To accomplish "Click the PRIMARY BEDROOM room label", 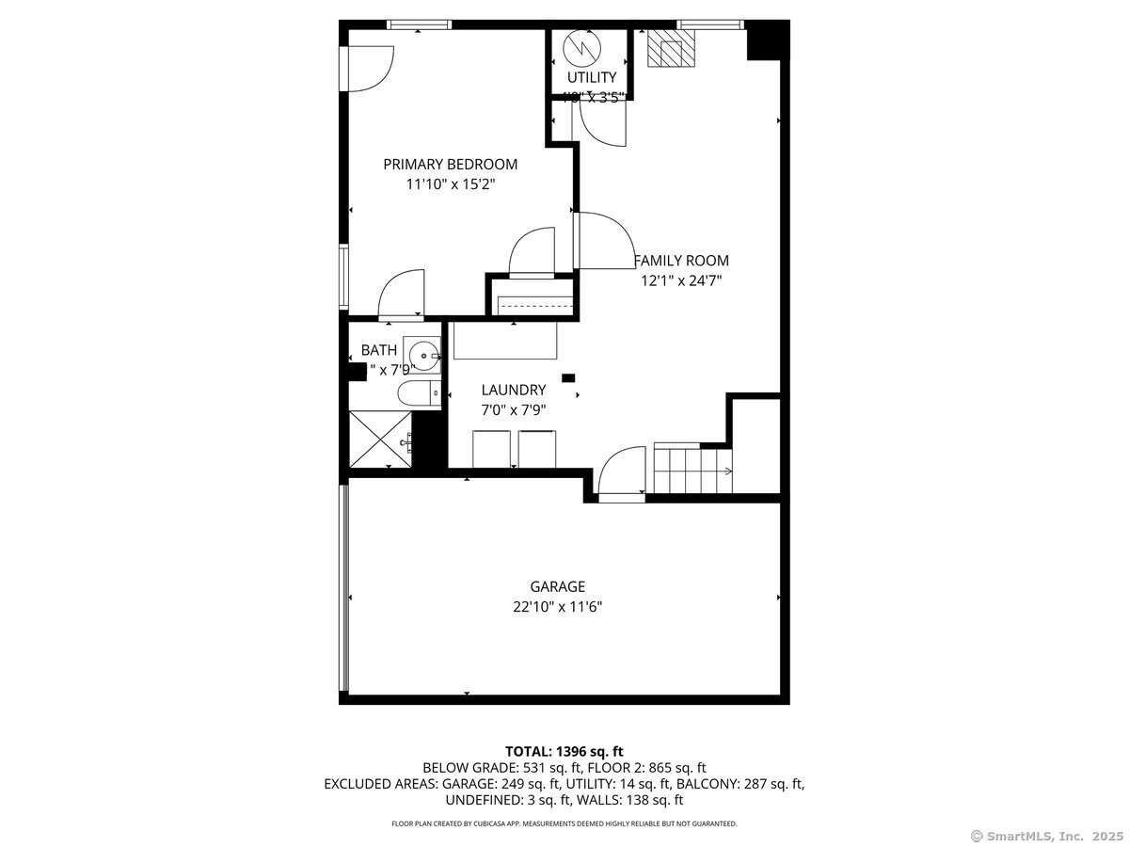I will coord(450,164).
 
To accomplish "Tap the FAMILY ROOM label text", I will coord(681,261).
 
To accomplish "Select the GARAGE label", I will coord(557,586).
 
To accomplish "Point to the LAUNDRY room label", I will coord(513,390).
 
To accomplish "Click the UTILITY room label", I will coord(591,77).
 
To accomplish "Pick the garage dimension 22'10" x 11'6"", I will coord(557,608).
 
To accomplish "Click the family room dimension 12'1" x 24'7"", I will coord(681,280).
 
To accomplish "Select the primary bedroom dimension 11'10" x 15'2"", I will coord(450,184).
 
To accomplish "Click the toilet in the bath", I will coord(417,393).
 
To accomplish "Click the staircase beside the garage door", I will coord(692,469).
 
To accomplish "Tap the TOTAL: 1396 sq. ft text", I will coord(564,751).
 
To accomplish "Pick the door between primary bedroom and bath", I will coord(402,294).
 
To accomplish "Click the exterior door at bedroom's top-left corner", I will coord(368,68).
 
